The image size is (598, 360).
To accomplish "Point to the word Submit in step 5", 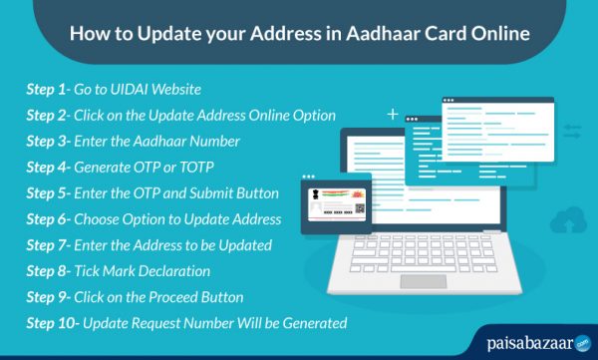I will point(221,193).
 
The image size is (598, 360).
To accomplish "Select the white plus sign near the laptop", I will point(393,114).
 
